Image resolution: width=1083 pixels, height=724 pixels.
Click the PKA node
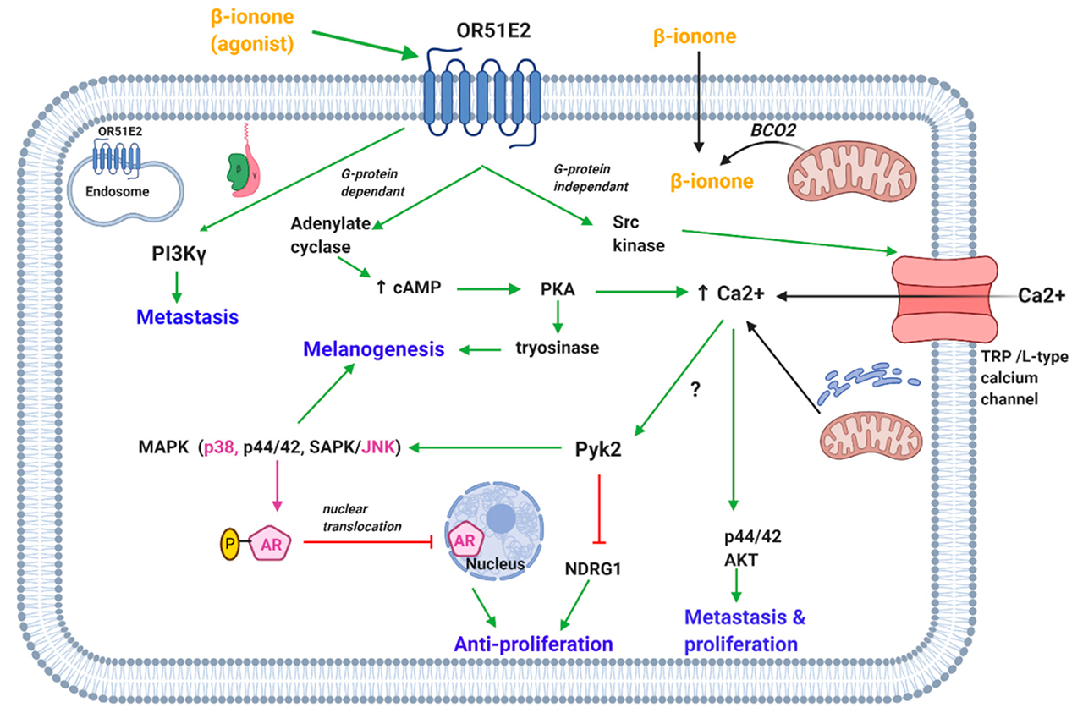[x=558, y=292]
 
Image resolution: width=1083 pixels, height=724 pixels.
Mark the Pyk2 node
[x=599, y=450]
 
